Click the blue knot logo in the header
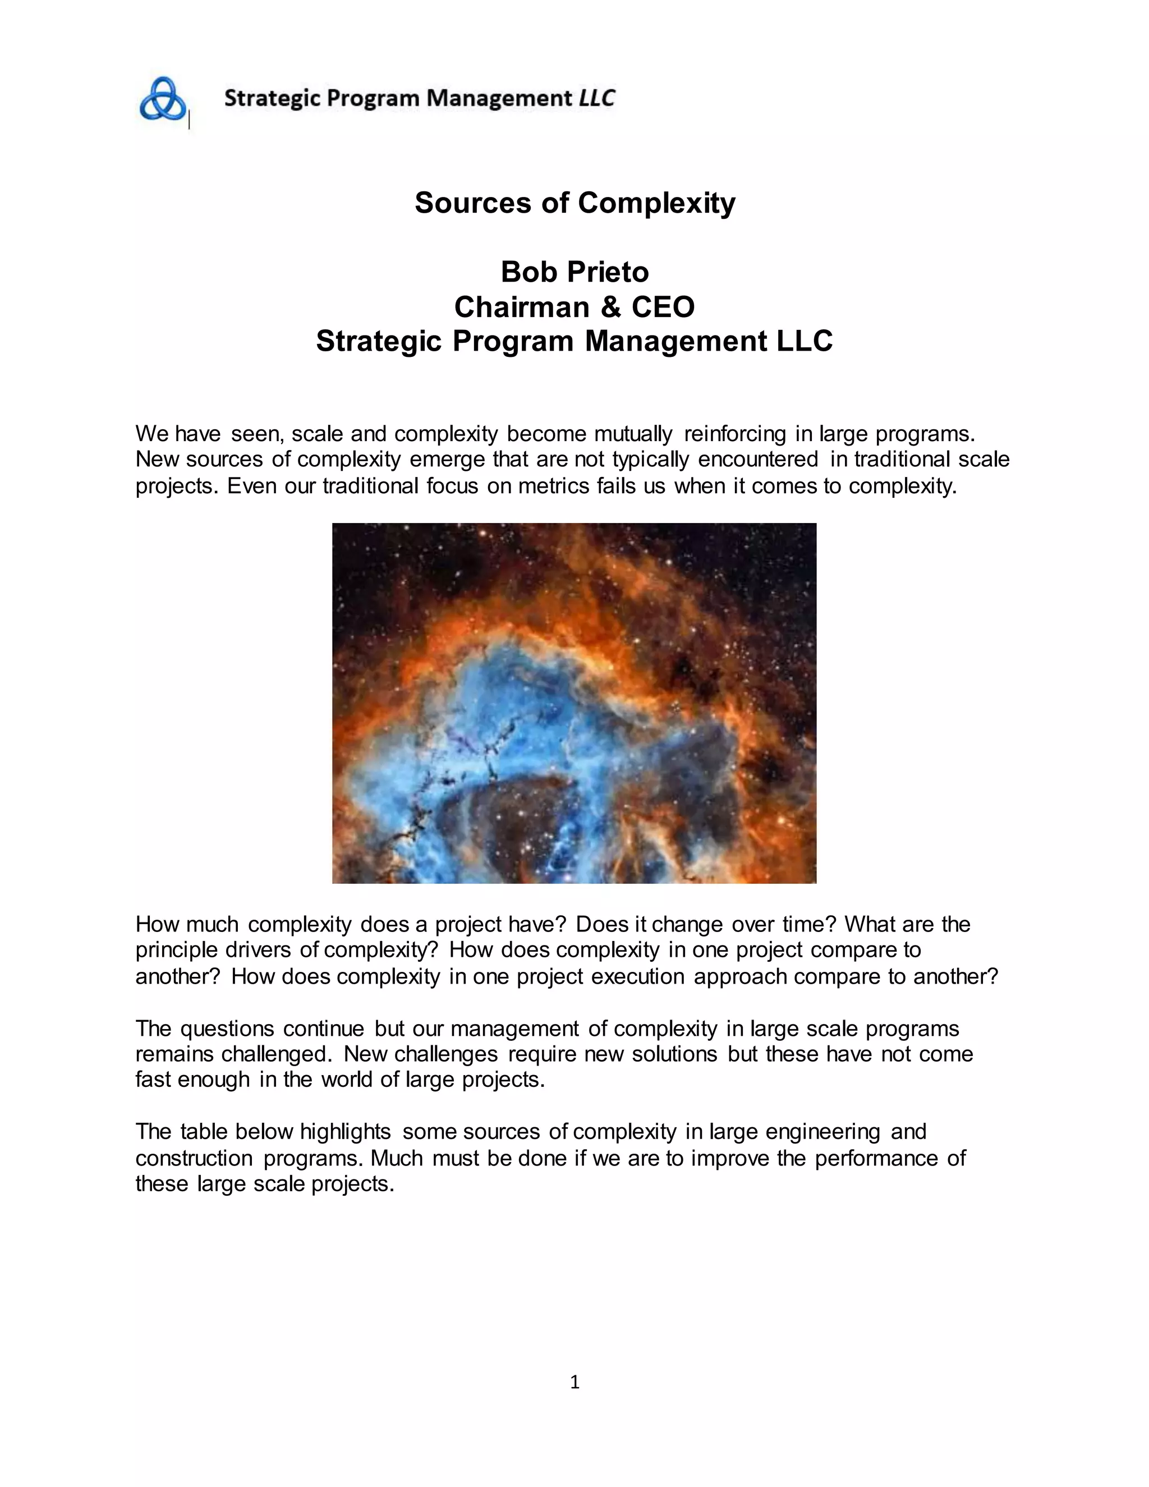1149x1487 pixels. coord(163,99)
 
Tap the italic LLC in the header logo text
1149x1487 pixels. coord(596,98)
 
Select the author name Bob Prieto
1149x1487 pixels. coord(574,272)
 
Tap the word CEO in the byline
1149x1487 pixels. coord(663,307)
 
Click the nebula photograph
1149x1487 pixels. coord(574,703)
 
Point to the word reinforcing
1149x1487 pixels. coord(734,434)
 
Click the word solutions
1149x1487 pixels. coord(674,1054)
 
